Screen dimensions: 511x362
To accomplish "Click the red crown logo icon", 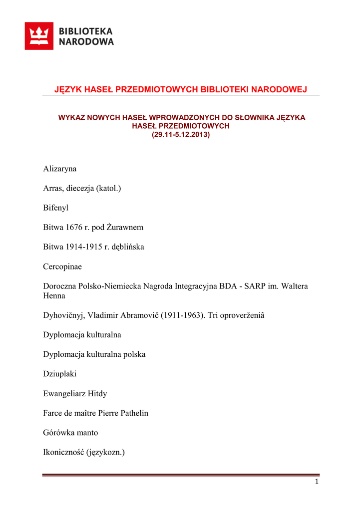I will pyautogui.click(x=39, y=36).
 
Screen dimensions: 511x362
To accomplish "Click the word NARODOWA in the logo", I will pyautogui.click(x=86, y=42).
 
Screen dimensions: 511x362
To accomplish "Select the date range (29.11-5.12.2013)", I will pyautogui.click(x=181, y=135).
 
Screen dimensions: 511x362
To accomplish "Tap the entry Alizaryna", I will pyautogui.click(x=60, y=169).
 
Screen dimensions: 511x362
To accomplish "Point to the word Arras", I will pyautogui.click(x=53, y=188).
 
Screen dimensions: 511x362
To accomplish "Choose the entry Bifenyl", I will pyautogui.click(x=56, y=208).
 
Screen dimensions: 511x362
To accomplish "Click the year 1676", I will pyautogui.click(x=74, y=227).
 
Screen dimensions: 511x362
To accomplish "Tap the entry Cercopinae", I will pyautogui.click(x=62, y=266).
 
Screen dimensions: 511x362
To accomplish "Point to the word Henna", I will pyautogui.click(x=54, y=295).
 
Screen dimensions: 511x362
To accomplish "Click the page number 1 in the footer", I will pyautogui.click(x=317, y=482).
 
